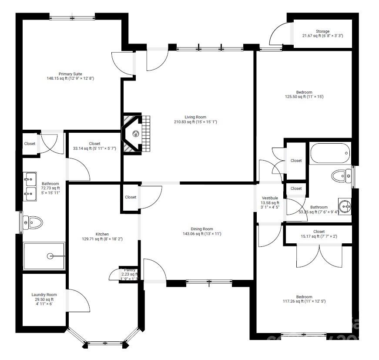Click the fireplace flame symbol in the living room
point(135,134)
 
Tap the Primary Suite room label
point(70,74)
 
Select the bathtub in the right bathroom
point(330,153)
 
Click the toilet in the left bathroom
point(33,223)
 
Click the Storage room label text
point(322,31)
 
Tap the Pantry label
point(130,270)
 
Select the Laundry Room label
point(44,295)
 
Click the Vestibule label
point(270,198)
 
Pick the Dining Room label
point(202,229)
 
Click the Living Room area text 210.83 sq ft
point(195,122)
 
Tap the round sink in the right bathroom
point(344,206)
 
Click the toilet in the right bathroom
point(341,176)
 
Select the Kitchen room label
point(102,234)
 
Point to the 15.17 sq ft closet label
point(319,237)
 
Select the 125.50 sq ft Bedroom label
point(304,92)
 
